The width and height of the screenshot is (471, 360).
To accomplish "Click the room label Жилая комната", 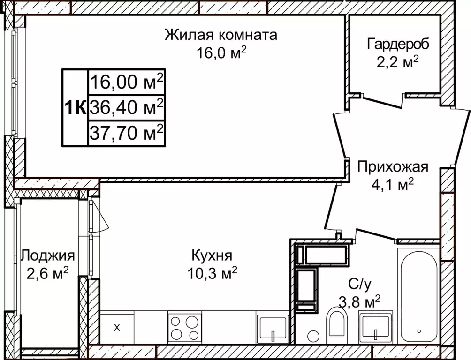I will tap(220, 35).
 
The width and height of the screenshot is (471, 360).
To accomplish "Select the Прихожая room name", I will tap(392, 167).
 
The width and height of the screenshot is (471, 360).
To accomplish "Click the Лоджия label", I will tap(48, 255).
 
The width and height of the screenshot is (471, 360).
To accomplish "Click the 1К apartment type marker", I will tap(75, 108).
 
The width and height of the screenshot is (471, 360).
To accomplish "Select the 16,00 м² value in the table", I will tap(126, 82).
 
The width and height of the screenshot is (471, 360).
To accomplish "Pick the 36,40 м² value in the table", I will tap(126, 108).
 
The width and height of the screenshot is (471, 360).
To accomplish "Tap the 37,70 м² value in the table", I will tap(126, 134).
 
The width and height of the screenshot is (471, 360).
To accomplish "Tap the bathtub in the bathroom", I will tap(418, 295).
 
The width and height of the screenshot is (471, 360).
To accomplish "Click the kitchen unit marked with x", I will tap(117, 327).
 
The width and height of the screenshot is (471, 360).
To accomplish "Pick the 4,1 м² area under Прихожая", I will tap(392, 185).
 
